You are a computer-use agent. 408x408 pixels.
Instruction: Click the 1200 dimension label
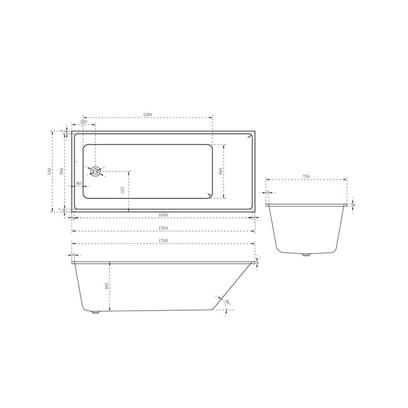[x=148, y=114]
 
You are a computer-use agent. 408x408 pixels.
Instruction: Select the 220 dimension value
[x=84, y=121]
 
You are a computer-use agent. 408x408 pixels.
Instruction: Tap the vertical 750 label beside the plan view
[x=49, y=171]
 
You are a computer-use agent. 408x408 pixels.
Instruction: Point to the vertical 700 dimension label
[x=61, y=171]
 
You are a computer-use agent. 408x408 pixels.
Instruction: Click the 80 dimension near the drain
[x=79, y=183]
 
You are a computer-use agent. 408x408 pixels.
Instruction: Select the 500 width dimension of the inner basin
[x=221, y=171]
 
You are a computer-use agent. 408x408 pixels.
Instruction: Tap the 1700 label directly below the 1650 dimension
[x=163, y=228]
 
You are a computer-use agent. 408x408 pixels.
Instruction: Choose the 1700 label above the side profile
[x=163, y=240]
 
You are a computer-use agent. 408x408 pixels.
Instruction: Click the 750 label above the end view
[x=307, y=176]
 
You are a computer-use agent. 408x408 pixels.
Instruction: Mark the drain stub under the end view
[x=307, y=254]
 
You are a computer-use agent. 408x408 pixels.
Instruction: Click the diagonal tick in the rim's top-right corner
[x=248, y=136]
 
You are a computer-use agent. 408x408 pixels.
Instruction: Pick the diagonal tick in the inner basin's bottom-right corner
[x=209, y=194]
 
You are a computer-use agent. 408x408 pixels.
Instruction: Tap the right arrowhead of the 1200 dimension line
[x=211, y=118]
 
